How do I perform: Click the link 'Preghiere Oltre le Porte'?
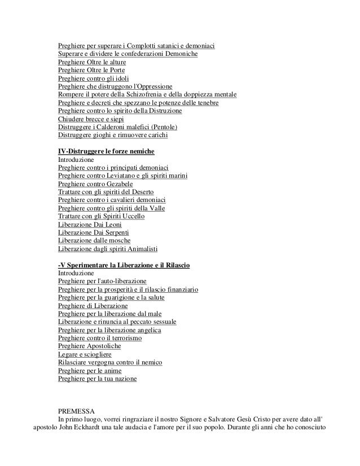(x=94, y=70)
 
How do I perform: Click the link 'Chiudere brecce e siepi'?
(x=91, y=119)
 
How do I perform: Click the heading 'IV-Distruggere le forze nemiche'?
(x=106, y=152)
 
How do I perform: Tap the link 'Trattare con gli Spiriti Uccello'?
(x=102, y=217)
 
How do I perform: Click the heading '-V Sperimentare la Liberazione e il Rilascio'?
(x=124, y=265)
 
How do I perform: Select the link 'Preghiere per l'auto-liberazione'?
(x=102, y=281)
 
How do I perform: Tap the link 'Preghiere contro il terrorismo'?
(x=100, y=338)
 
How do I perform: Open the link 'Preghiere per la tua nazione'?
(x=97, y=379)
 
